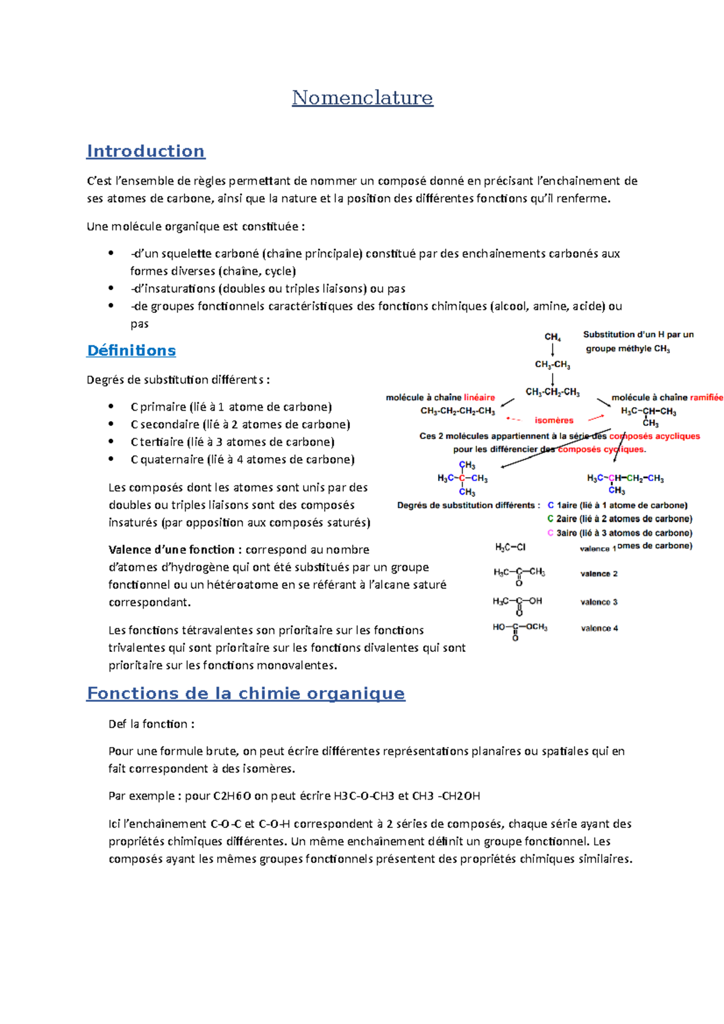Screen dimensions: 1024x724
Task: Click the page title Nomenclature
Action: click(362, 98)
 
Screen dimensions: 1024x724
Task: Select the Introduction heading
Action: click(145, 151)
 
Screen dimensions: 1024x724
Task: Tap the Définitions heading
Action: click(132, 350)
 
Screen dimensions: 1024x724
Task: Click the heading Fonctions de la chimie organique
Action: click(246, 694)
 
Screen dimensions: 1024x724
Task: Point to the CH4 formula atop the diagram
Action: click(553, 337)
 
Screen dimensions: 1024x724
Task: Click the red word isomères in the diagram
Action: click(554, 420)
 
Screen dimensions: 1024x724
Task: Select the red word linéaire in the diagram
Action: click(480, 397)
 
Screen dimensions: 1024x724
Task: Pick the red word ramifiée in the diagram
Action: click(707, 397)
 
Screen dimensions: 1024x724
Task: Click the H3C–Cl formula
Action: click(510, 547)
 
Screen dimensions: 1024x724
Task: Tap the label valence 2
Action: click(599, 574)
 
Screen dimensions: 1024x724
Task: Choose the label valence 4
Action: click(599, 628)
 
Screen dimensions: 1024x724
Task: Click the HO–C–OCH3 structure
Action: click(519, 628)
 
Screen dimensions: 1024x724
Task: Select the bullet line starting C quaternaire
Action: click(242, 460)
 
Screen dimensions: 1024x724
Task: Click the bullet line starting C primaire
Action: click(231, 407)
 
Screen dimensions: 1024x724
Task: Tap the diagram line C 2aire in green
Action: click(620, 519)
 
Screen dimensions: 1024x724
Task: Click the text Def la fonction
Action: click(151, 724)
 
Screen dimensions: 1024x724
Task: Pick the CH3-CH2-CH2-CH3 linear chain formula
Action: click(457, 411)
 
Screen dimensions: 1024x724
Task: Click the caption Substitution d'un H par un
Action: click(638, 334)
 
